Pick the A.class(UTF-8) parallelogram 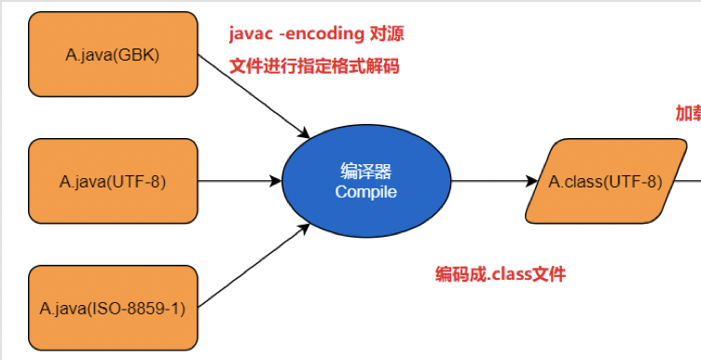(605, 181)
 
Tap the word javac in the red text (251, 35)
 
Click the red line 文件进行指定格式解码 (316, 66)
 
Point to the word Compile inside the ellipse (365, 192)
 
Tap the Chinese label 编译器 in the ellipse (365, 172)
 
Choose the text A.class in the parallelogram (574, 181)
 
